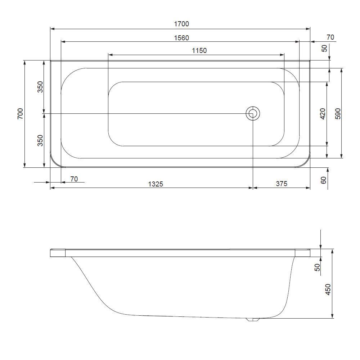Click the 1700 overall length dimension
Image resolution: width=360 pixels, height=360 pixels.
click(181, 24)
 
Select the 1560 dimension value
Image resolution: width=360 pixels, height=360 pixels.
click(181, 38)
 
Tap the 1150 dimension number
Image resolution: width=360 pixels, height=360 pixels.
click(199, 50)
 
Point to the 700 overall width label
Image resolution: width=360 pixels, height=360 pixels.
click(21, 114)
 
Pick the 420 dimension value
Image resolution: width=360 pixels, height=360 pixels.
click(323, 114)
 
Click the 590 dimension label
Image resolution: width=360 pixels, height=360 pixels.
click(338, 114)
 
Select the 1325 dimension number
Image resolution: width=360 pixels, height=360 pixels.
click(156, 184)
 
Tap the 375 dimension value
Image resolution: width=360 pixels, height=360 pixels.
click(282, 184)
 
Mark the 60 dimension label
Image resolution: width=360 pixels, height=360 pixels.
click(323, 180)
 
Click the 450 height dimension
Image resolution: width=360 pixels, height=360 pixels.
click(328, 289)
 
